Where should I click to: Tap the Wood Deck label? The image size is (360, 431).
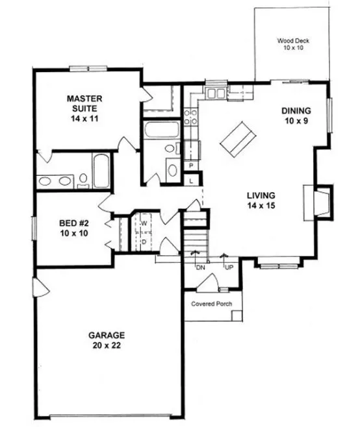(293, 43)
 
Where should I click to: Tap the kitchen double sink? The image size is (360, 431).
(216, 94)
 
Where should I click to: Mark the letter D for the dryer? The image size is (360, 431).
(144, 241)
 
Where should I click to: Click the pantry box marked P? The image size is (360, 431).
(192, 166)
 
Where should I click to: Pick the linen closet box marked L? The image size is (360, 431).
(192, 181)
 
